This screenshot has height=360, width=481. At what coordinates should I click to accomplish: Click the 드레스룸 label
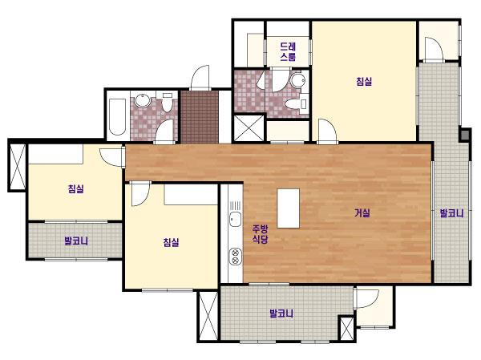coord(288,51)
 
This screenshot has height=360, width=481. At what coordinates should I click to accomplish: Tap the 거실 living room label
coord(362,212)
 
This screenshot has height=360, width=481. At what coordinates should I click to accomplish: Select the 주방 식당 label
coord(260,234)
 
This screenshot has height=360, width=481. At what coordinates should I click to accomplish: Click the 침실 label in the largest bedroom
coord(364,81)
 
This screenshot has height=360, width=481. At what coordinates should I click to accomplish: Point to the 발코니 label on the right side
coord(451,213)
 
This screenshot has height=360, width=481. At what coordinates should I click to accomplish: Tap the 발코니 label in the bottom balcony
coord(281,313)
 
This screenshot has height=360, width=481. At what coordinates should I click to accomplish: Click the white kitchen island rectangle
coord(289,208)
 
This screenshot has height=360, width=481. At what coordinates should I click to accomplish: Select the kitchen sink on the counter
coord(235,219)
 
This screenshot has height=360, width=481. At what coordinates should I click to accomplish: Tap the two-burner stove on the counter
coord(235,257)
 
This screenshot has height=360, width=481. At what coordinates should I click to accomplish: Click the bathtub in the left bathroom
coord(118,116)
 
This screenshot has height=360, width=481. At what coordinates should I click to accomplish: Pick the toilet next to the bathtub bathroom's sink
coord(167,102)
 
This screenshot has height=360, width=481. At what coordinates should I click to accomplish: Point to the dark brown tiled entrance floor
coord(200,117)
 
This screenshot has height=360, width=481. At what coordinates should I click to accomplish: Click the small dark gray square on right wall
coord(465,135)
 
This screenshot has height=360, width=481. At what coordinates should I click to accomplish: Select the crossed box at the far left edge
coord(18,167)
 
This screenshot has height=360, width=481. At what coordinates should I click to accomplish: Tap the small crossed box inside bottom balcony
coord(347,329)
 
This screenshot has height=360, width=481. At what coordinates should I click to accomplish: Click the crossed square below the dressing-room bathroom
coord(249,127)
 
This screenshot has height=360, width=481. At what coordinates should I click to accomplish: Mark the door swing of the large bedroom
coord(327,131)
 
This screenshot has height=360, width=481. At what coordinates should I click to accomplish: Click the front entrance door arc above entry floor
coord(200,78)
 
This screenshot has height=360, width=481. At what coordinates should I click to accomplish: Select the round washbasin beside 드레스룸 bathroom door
coord(297,80)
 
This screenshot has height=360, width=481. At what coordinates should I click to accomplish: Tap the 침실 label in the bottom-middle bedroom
coord(171,242)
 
